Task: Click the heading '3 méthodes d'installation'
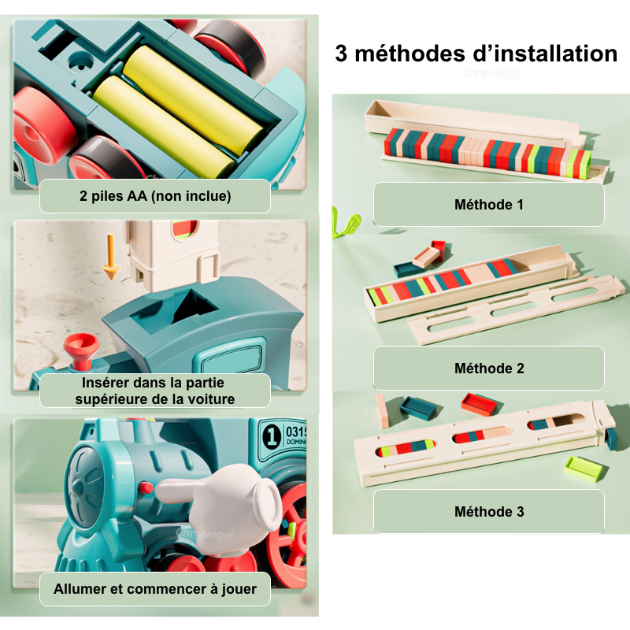tap(476, 54)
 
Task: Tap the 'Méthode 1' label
tap(489, 205)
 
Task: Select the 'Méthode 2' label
tap(489, 368)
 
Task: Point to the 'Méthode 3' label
tap(489, 511)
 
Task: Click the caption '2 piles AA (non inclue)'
tap(155, 195)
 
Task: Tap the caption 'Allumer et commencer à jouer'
tap(155, 588)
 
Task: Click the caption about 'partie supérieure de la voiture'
tap(155, 391)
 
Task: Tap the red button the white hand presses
tap(145, 487)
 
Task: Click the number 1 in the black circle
tap(271, 435)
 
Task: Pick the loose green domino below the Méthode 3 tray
tap(585, 468)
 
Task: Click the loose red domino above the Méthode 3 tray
tap(480, 403)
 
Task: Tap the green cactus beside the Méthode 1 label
tap(345, 222)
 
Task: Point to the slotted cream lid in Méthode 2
tap(517, 309)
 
